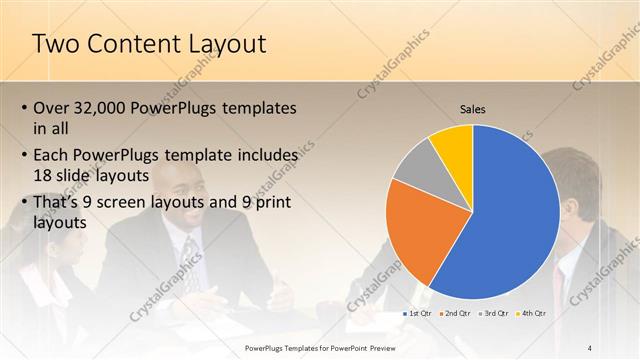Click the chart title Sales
(x=473, y=109)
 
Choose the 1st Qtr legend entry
(x=416, y=313)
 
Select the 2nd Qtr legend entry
(x=454, y=313)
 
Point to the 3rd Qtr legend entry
(x=493, y=313)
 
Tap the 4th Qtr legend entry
(x=531, y=313)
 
